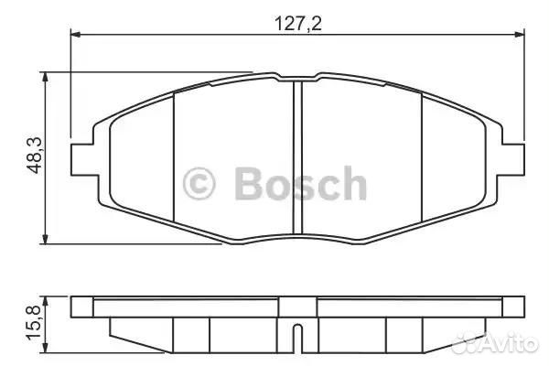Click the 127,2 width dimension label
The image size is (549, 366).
point(298,24)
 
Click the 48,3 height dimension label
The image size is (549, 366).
point(35,156)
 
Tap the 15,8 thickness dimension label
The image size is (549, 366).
point(34,323)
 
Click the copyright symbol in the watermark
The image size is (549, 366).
point(199,184)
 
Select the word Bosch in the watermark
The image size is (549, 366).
point(301,183)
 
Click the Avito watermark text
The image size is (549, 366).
point(509,343)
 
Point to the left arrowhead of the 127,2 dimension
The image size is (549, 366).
point(76,35)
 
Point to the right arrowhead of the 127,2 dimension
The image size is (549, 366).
point(519,35)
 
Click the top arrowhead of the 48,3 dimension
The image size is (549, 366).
point(45,78)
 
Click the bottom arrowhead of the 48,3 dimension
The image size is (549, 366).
point(45,239)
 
